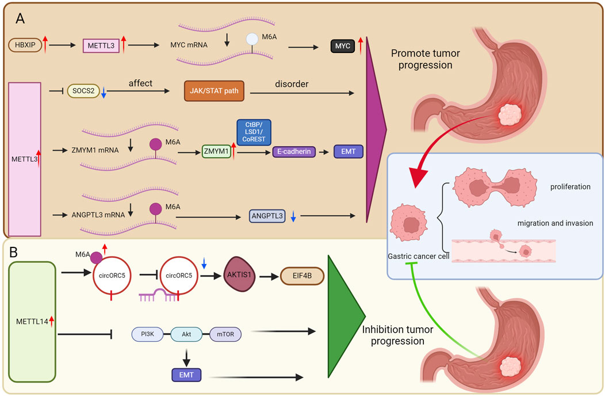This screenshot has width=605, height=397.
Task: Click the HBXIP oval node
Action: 25,43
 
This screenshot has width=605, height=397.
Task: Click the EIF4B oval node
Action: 302,276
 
